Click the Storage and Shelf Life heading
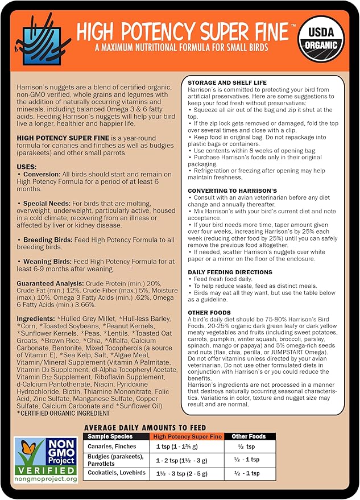click(x=227, y=82)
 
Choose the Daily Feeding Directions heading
click(x=230, y=272)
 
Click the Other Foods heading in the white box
click(x=209, y=313)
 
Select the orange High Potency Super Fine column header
click(x=188, y=436)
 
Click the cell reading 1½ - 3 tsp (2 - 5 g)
click(x=188, y=473)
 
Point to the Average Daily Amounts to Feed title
click(x=144, y=427)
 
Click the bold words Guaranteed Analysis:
click(x=51, y=283)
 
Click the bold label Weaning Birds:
click(x=47, y=261)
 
